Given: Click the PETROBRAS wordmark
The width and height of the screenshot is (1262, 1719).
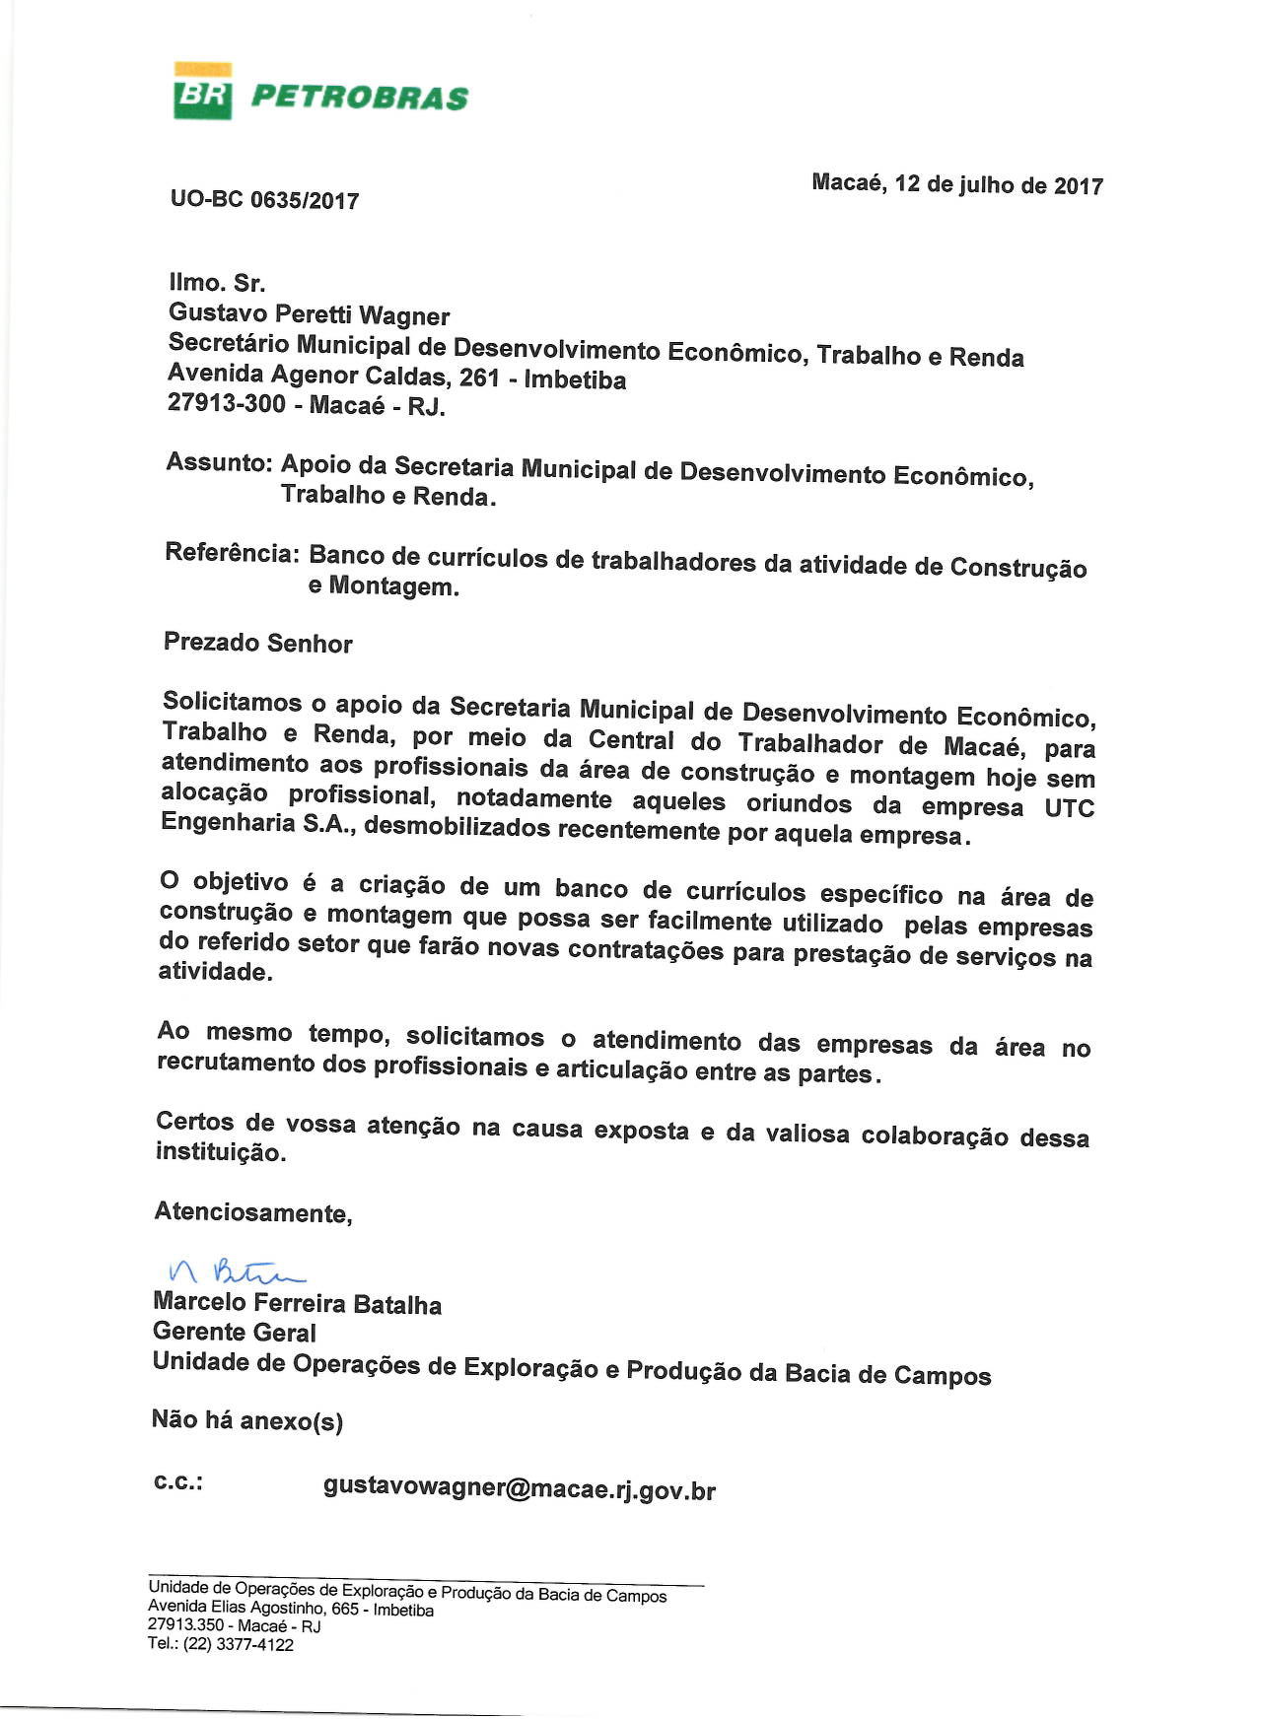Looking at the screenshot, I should click(x=360, y=98).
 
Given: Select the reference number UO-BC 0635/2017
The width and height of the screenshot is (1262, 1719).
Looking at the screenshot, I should click(x=264, y=200).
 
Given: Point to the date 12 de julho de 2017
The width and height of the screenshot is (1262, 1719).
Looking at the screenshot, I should click(x=998, y=185).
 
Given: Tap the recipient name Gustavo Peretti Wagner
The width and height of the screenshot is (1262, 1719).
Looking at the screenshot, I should click(x=309, y=314).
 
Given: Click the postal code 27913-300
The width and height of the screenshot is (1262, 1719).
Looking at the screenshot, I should click(x=227, y=403).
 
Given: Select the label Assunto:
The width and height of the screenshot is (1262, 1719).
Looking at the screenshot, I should click(x=219, y=462).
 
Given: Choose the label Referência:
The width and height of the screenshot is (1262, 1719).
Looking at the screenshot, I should click(x=232, y=552).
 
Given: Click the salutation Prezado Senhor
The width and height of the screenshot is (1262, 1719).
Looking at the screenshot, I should click(x=257, y=643).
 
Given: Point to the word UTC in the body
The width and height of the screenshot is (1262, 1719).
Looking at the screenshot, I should click(x=1069, y=808).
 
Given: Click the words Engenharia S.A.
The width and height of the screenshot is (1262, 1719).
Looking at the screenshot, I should click(x=257, y=823).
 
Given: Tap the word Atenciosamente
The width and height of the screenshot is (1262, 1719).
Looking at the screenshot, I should click(x=252, y=1211).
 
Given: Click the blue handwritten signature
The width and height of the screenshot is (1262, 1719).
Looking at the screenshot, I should click(x=235, y=1272).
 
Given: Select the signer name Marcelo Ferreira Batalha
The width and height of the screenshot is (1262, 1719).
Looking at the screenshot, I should click(x=297, y=1303).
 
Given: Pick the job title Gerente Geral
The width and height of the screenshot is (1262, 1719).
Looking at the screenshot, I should click(x=235, y=1332).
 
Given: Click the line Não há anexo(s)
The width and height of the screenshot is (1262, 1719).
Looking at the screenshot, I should click(x=246, y=1420).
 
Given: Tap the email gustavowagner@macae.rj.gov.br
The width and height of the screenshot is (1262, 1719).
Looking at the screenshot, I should click(x=519, y=1488).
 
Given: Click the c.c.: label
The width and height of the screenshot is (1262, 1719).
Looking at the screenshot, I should click(x=178, y=1481).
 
